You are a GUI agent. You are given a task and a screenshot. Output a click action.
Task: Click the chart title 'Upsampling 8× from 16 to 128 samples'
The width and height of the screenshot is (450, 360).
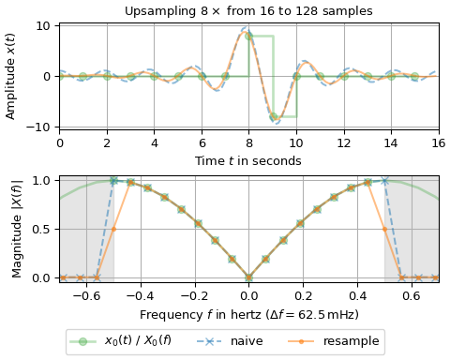(x=248, y=11)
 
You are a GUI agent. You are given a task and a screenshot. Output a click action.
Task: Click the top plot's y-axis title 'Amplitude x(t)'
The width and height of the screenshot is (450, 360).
(x=12, y=76)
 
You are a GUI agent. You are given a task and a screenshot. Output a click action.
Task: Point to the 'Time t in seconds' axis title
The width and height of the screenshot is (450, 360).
(x=248, y=160)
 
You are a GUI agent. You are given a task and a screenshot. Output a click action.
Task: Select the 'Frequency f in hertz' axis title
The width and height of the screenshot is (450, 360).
(x=248, y=314)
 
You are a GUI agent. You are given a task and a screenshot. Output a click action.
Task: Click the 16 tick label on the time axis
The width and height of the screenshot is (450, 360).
(x=439, y=142)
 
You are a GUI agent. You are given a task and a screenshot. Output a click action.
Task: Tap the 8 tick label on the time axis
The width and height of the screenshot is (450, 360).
(x=248, y=142)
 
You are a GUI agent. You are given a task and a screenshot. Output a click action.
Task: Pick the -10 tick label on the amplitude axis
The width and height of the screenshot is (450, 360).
(x=43, y=127)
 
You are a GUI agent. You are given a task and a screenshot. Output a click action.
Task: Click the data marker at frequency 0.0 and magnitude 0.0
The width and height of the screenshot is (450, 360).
(x=248, y=277)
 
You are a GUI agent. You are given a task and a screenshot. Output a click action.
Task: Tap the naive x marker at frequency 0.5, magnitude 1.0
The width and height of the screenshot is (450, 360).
(x=384, y=180)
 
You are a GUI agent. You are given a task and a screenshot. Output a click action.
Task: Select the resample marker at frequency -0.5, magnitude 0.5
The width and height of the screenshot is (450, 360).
(x=113, y=229)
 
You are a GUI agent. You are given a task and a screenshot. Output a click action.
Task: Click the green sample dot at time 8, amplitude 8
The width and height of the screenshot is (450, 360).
(x=248, y=36)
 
